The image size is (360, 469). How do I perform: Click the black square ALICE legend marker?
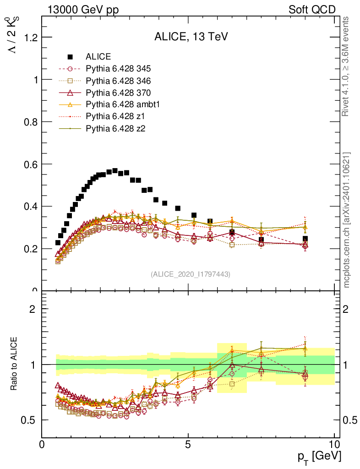pyautogui.click(x=71, y=57)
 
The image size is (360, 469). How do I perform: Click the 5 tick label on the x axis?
pyautogui.click(x=188, y=444)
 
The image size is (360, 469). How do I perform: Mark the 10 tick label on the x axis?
pyautogui.click(x=334, y=444)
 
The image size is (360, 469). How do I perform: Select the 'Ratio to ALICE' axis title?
pyautogui.click(x=14, y=364)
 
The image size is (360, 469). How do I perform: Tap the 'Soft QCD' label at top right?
pyautogui.click(x=312, y=10)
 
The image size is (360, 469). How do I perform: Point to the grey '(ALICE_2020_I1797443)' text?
pyautogui.click(x=191, y=274)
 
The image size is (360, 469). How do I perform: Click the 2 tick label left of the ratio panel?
pyautogui.click(x=32, y=309)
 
